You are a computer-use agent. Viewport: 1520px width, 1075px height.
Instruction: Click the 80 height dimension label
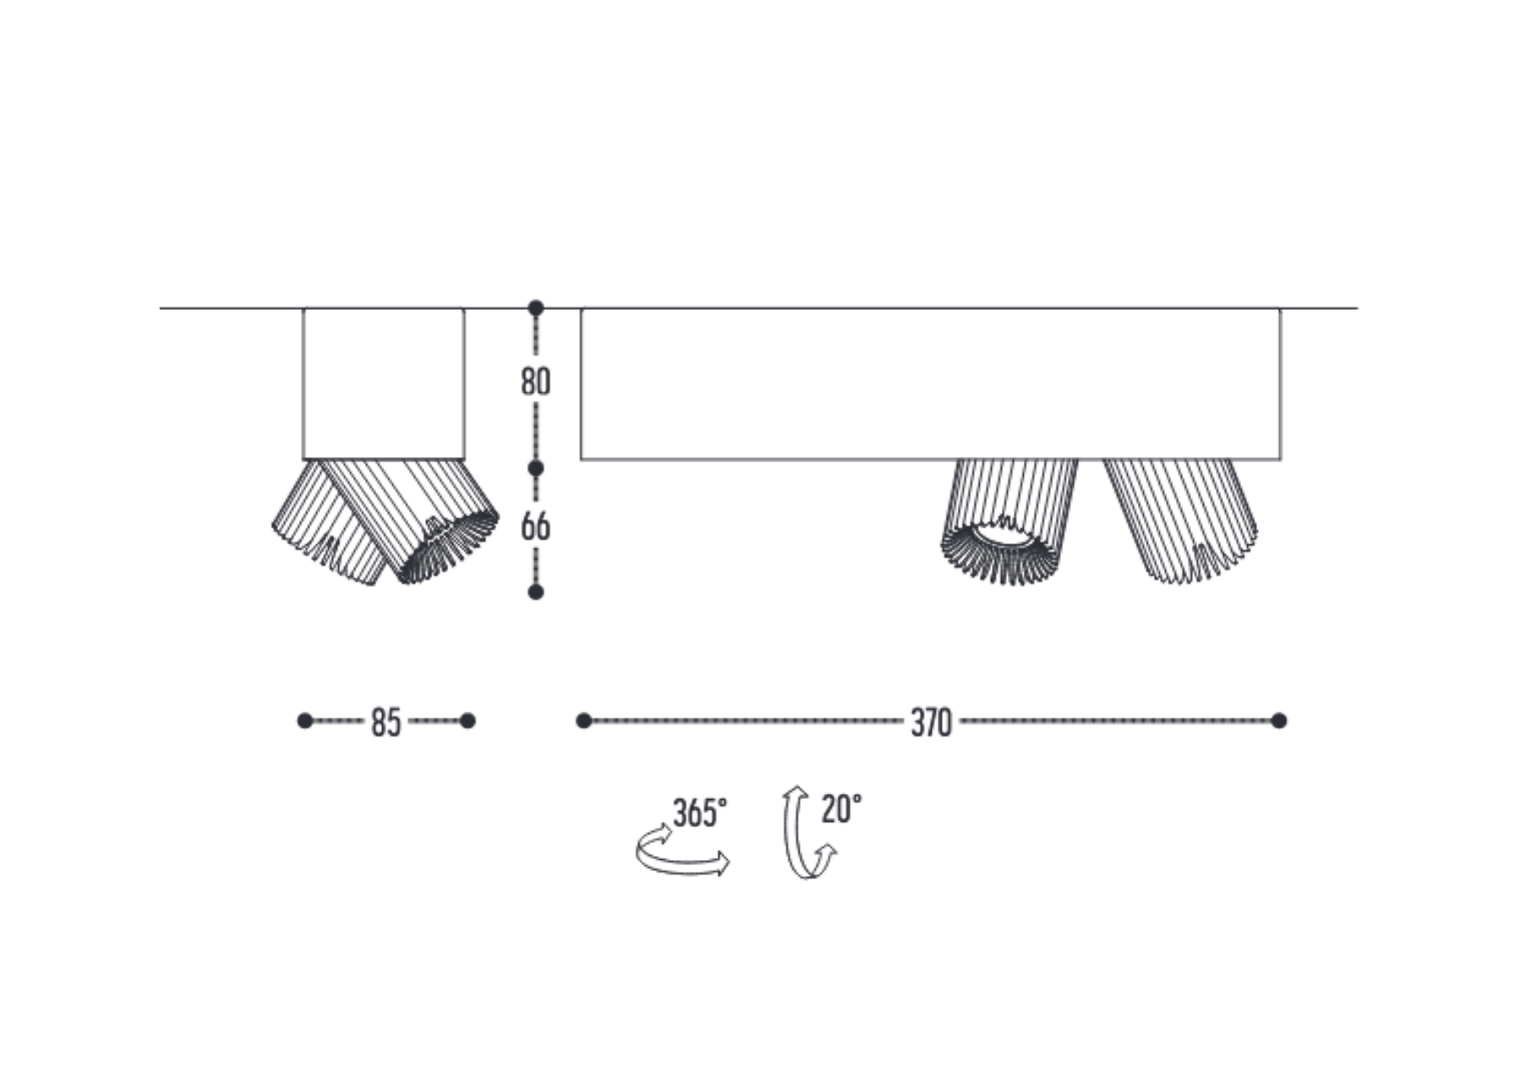[x=536, y=382]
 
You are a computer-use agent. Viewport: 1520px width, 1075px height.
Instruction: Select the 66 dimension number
[x=536, y=527]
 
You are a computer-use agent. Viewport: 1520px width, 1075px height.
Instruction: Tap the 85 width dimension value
[x=386, y=722]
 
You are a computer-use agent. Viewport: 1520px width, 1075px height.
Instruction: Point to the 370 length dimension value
[x=931, y=722]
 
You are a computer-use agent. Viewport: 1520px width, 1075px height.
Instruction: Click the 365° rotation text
[x=700, y=813]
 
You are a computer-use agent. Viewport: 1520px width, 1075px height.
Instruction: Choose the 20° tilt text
[x=841, y=809]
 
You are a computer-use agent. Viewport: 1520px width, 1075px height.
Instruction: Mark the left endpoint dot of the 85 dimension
[x=305, y=721]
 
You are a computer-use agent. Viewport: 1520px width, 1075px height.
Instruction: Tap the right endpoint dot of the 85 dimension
[x=468, y=721]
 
